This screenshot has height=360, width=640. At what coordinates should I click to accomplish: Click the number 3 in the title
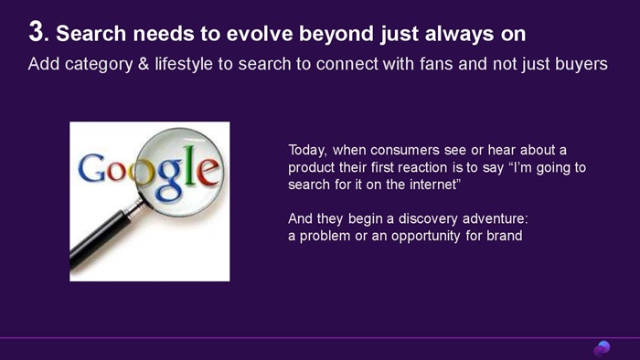click(36, 32)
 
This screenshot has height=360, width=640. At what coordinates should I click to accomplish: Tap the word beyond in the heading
click(336, 35)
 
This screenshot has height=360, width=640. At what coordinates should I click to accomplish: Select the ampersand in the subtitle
click(144, 64)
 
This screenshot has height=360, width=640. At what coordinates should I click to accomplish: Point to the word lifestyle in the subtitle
click(184, 64)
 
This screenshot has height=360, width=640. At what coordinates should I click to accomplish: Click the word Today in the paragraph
click(307, 151)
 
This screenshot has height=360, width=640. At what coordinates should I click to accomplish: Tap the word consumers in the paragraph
click(404, 151)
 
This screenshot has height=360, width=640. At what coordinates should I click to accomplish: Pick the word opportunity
click(426, 236)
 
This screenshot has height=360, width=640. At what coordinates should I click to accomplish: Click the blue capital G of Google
click(91, 167)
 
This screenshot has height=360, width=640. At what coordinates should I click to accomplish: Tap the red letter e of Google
click(207, 171)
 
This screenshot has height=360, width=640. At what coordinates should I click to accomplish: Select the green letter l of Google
click(188, 166)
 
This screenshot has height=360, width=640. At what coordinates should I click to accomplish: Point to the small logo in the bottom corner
click(602, 349)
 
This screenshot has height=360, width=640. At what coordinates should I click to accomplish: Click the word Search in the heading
click(91, 34)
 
